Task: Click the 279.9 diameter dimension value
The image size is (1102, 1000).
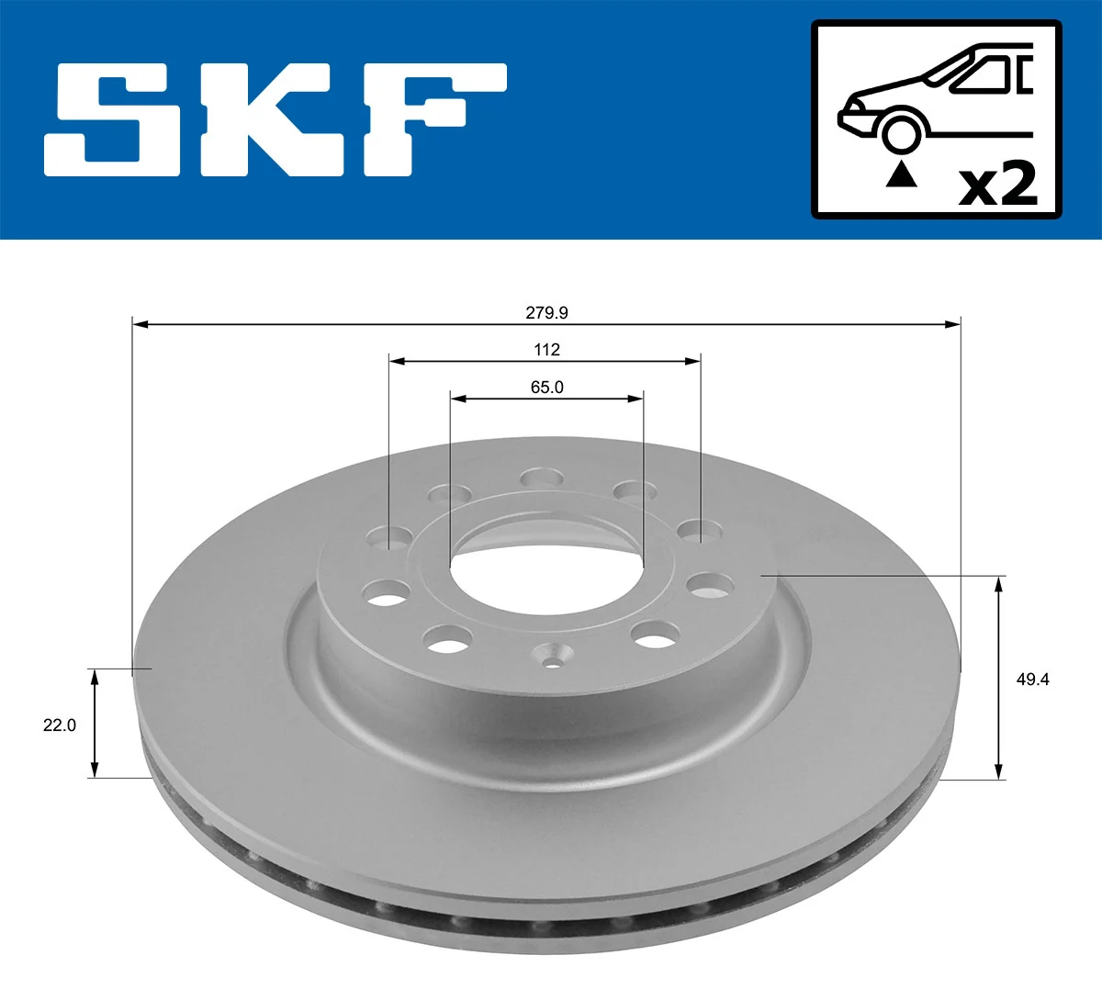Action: pos(546,313)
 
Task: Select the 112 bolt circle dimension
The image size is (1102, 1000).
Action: pos(546,350)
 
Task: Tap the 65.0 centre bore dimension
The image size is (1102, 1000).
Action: pos(546,388)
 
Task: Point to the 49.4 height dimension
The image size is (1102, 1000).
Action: pos(1032,679)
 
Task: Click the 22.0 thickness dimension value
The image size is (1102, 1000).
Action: pos(60,725)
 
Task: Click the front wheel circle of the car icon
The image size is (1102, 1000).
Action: pos(901,132)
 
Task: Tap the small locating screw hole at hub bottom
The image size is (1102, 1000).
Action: pos(554,658)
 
